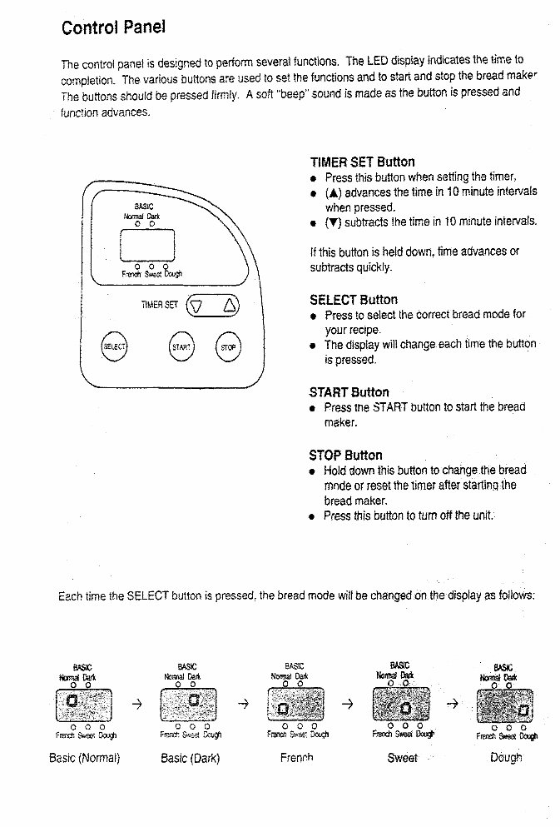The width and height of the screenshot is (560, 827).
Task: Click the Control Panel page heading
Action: (113, 27)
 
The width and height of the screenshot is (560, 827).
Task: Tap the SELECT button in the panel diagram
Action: (114, 346)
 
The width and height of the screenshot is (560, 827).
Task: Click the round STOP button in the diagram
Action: (228, 346)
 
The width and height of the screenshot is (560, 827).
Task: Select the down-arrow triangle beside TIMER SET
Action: (197, 306)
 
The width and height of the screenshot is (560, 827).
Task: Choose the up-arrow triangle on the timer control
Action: (229, 306)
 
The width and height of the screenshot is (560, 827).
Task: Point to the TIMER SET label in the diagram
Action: (159, 306)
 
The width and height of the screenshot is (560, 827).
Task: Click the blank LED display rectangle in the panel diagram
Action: (147, 245)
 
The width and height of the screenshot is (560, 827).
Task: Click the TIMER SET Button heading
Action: (362, 162)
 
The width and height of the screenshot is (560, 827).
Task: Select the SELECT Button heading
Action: (354, 300)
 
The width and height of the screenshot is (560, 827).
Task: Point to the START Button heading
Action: (349, 392)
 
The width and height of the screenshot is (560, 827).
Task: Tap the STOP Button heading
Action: (345, 456)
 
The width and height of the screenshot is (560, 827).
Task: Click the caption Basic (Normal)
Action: (85, 758)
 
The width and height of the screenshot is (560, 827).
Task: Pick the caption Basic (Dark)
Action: (191, 758)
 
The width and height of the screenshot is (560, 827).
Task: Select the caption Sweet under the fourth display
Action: (403, 758)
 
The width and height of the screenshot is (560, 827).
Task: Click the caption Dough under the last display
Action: (506, 758)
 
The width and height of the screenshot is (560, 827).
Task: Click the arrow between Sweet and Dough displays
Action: (453, 703)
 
